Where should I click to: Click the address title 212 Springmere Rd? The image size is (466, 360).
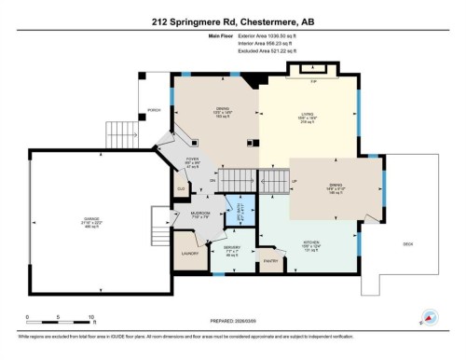[232, 20]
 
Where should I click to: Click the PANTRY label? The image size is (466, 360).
[272, 262]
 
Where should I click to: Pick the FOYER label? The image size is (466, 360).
[194, 159]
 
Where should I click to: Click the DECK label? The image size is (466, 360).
[407, 243]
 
